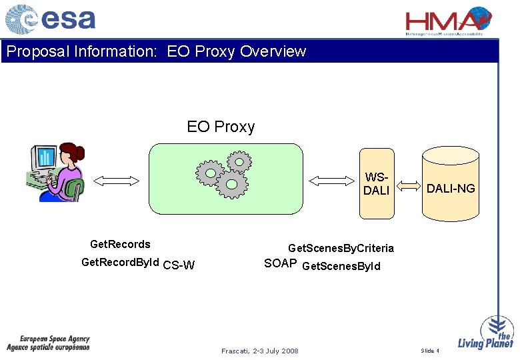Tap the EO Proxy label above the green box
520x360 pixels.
pos(221,127)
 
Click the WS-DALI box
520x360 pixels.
pos(376,184)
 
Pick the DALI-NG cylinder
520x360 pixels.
pos(451,186)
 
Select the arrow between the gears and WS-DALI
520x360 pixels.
pos(331,180)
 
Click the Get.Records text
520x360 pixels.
pos(120,244)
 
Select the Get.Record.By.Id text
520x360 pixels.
pos(120,263)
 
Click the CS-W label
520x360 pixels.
pos(179,265)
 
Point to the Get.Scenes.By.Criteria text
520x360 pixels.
pos(341,248)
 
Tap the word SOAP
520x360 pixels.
pos(280,263)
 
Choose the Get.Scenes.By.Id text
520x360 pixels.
pos(341,267)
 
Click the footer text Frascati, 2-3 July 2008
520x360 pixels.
pos(260,351)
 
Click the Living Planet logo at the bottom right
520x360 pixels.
pos(486,334)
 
